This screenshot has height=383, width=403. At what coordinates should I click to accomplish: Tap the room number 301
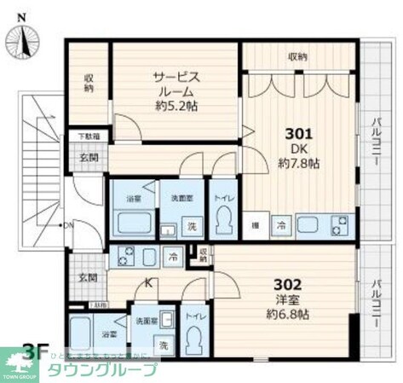click(298, 134)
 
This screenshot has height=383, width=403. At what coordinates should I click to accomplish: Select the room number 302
click(290, 284)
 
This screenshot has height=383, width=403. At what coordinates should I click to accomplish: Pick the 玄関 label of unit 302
click(89, 277)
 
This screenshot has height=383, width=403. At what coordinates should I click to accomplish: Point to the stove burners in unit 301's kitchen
click(338, 226)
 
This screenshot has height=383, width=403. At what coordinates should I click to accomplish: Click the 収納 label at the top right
click(297, 57)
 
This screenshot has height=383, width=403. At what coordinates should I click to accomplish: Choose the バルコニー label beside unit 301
click(376, 141)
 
